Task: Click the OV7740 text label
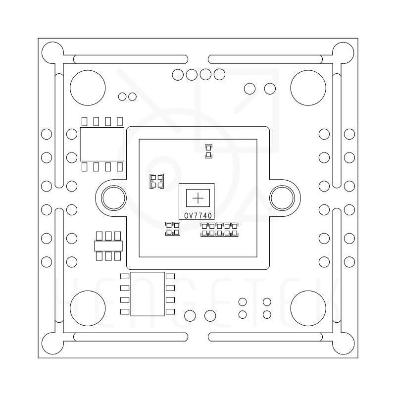click(x=198, y=216)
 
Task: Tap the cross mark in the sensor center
click(x=198, y=198)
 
